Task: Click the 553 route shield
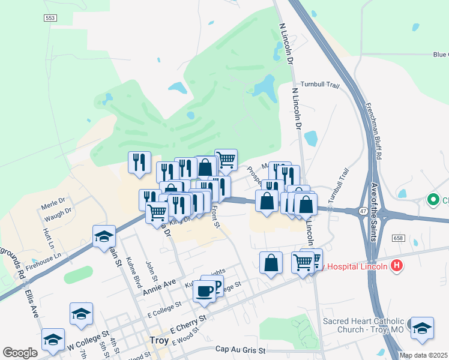[50, 19]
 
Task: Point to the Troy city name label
[158, 341]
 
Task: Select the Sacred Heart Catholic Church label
[364, 326]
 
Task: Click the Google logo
[20, 353]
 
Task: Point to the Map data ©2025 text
[424, 355]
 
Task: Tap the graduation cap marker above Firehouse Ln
[104, 235]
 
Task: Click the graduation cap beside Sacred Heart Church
[422, 328]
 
